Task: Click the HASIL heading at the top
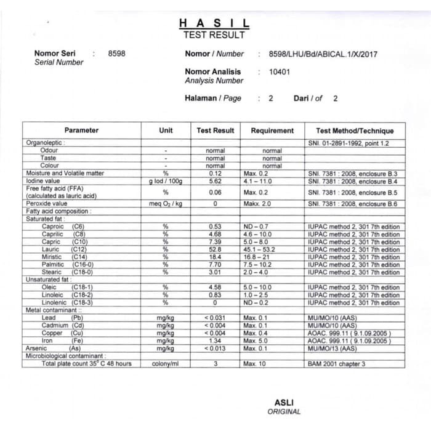[214, 23]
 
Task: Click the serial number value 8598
[116, 54]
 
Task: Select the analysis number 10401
[280, 71]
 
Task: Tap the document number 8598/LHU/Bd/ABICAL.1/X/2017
[323, 54]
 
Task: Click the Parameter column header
[81, 131]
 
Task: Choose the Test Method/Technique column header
[355, 131]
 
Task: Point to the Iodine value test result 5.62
[215, 182]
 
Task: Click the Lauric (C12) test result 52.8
[215, 249]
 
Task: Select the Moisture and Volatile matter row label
[65, 174]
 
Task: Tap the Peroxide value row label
[47, 204]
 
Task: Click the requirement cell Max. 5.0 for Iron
[256, 340]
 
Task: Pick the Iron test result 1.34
[215, 340]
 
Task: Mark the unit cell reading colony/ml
[165, 364]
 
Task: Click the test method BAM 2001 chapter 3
[336, 364]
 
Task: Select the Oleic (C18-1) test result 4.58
[215, 288]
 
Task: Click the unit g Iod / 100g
[166, 182]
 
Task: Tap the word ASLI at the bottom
[284, 403]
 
